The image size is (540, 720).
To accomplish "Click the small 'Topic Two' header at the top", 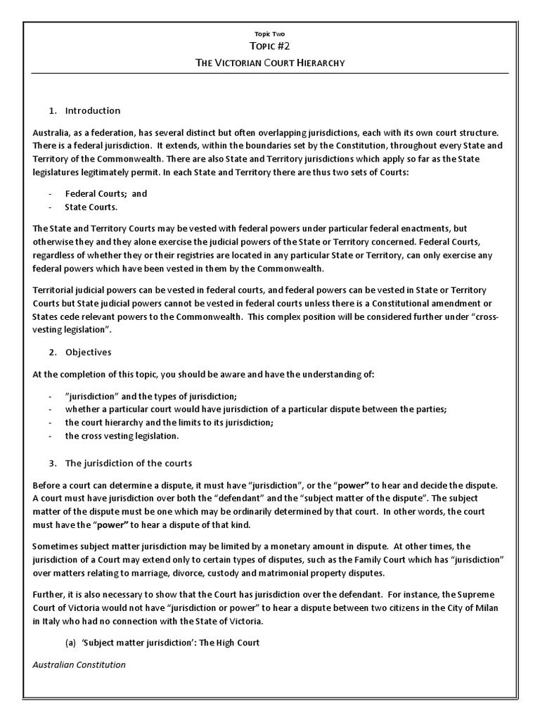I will pyautogui.click(x=269, y=33).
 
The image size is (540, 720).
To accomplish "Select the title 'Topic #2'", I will pyautogui.click(x=269, y=47).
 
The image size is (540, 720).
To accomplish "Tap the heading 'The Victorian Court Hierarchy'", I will pyautogui.click(x=269, y=64).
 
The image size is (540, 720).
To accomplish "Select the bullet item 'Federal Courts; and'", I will pyautogui.click(x=106, y=193).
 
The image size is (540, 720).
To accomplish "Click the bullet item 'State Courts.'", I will pyautogui.click(x=91, y=207).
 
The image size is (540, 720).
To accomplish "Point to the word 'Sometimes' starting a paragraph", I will pyautogui.click(x=56, y=546).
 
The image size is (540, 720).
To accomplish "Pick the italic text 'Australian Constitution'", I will pyautogui.click(x=79, y=664).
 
